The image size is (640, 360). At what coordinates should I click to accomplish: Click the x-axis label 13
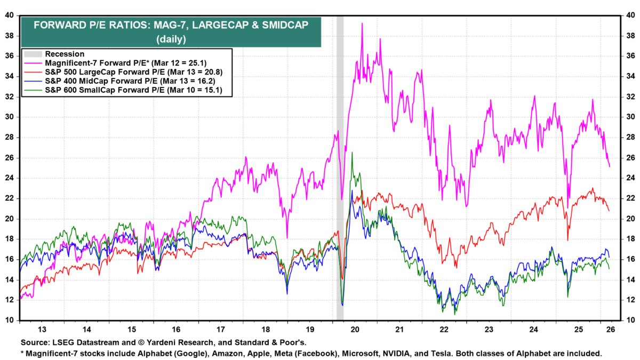point(43,329)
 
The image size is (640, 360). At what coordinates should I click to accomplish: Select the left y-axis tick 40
point(10,15)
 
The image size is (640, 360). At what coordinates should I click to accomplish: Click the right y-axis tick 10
point(629,321)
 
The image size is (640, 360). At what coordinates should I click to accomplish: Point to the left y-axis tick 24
point(10,178)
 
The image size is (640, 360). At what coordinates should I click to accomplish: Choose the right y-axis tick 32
point(629,97)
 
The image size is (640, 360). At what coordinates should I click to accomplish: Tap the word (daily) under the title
point(171,38)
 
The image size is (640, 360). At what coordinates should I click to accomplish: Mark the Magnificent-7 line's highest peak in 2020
point(362,23)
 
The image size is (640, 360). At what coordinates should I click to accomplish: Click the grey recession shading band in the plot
point(340,160)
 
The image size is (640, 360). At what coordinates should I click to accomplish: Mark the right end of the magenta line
point(610,167)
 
